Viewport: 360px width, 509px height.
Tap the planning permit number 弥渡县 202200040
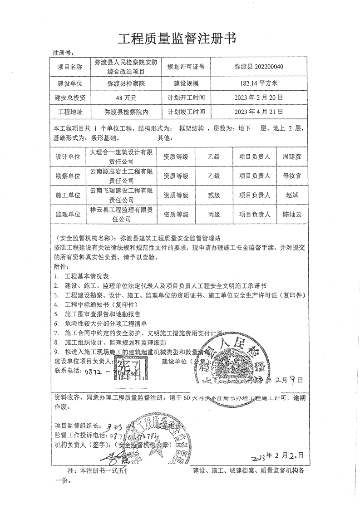pyautogui.click(x=259, y=67)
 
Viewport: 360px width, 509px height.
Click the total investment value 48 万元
pyautogui.click(x=123, y=98)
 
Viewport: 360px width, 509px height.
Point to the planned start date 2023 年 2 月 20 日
pyautogui.click(x=259, y=98)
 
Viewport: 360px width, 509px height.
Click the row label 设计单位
pyautogui.click(x=68, y=157)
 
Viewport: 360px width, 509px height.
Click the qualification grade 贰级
pyautogui.click(x=213, y=195)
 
